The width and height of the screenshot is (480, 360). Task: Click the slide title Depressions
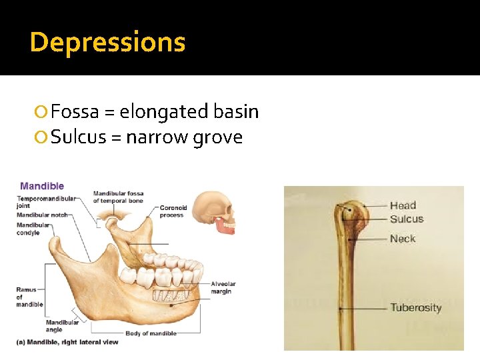tap(107, 43)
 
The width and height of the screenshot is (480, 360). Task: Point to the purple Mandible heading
tap(42, 186)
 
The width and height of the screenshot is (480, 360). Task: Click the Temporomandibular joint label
tap(46, 202)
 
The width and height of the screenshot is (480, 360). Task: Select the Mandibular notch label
tap(42, 215)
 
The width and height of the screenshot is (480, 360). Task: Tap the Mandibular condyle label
tap(33, 229)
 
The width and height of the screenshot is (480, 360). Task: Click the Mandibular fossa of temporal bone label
tap(118, 197)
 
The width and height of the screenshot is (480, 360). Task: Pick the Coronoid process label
tap(173, 211)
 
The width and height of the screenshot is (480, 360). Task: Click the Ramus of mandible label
tap(29, 297)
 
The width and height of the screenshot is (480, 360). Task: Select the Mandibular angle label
tap(63, 325)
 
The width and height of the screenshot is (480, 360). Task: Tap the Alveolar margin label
tap(223, 288)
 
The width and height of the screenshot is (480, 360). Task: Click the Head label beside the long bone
tap(403, 205)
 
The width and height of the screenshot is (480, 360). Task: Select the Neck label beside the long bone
tap(402, 239)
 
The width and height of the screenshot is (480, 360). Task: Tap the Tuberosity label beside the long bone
tap(415, 307)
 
